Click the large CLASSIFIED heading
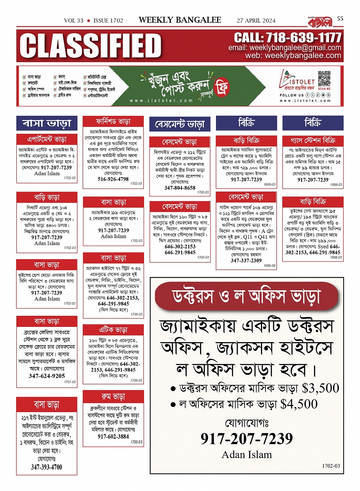point(91,46)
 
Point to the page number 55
point(340,18)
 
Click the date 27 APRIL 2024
point(256,21)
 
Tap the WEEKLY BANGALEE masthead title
point(180,20)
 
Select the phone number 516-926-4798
point(113,179)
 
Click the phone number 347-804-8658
point(180,188)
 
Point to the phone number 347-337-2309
point(246,261)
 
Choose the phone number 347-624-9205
point(47,376)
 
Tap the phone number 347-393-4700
point(46,467)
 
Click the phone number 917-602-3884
point(113,437)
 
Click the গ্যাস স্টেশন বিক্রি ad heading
point(313,140)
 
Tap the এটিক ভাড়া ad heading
point(113,330)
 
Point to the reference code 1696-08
point(269,266)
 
